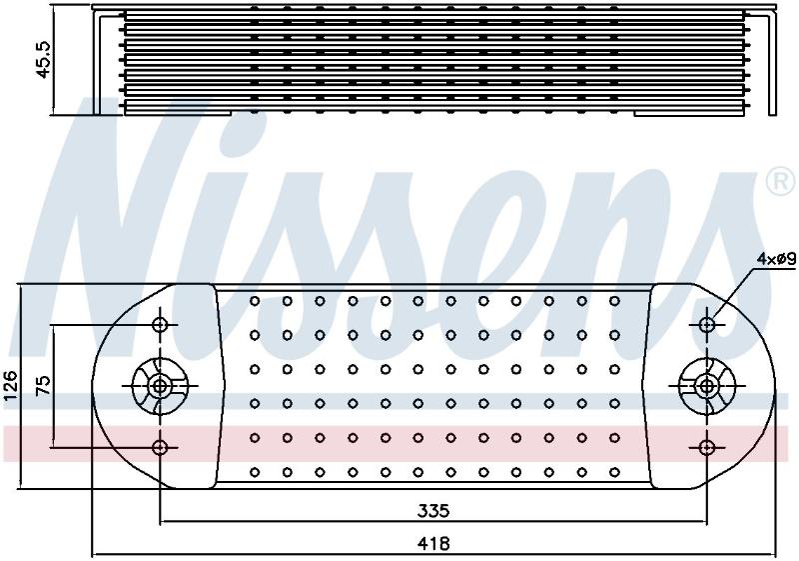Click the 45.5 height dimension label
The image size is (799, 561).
[x=44, y=60]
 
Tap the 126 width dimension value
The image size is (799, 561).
[x=11, y=386]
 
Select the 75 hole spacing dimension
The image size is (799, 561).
[x=44, y=386]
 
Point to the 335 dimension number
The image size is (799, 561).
[x=433, y=510]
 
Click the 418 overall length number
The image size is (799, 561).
[x=433, y=544]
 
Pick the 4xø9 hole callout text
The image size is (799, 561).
[x=776, y=259]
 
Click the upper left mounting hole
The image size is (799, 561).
[x=161, y=324]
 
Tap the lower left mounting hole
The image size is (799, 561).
[x=161, y=448]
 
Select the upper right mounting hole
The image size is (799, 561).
[x=707, y=324]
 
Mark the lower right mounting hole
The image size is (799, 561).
[x=707, y=448]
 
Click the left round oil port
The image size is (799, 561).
[x=161, y=386]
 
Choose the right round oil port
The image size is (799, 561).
[x=707, y=386]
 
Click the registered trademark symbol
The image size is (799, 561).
[x=781, y=182]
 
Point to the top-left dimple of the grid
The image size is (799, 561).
[x=255, y=301]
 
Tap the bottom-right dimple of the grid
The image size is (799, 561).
[x=614, y=472]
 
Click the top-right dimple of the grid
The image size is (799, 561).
[x=614, y=301]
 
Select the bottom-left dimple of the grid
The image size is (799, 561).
[x=255, y=472]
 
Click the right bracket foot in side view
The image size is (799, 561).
[x=706, y=114]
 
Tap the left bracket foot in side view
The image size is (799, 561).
[x=162, y=114]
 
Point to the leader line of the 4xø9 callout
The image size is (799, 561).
[x=734, y=294]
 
